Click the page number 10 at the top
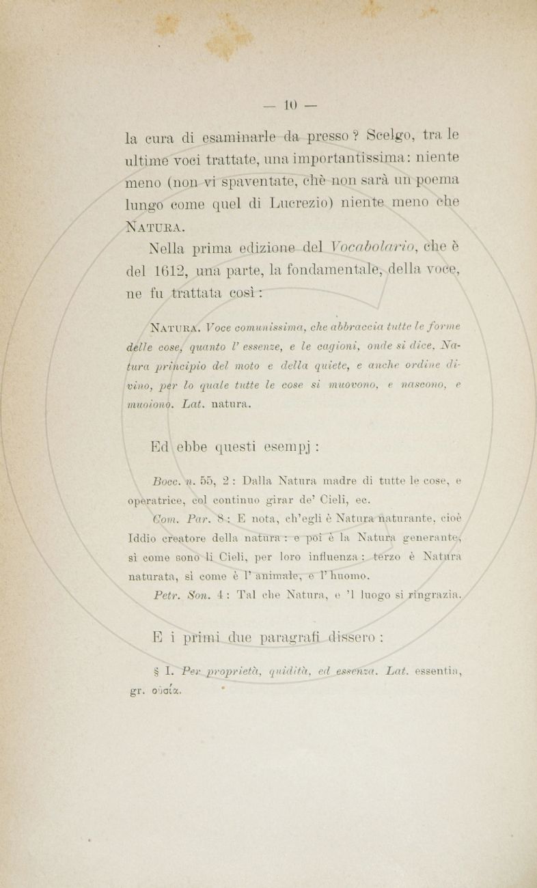tap(287, 105)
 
